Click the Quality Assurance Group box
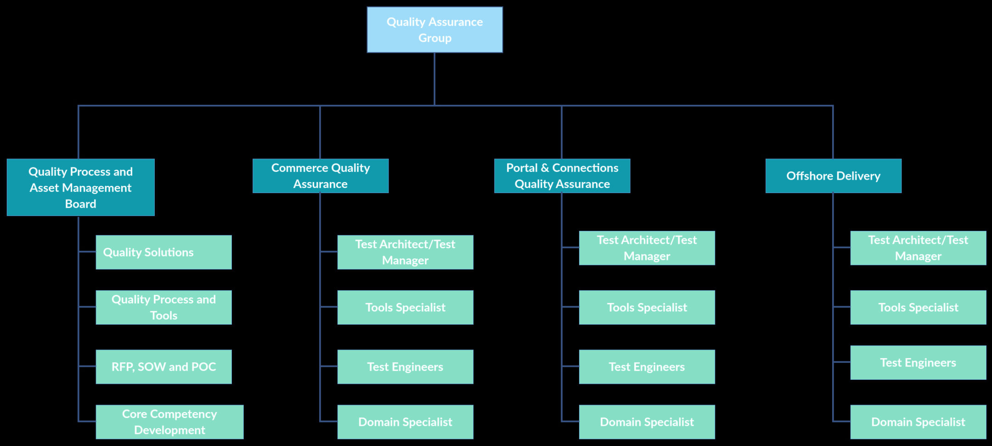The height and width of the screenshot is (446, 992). (434, 30)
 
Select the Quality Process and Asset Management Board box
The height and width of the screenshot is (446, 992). (81, 187)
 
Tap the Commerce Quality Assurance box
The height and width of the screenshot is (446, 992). (321, 176)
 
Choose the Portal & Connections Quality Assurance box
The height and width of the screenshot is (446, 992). (562, 176)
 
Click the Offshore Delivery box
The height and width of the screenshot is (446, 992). (833, 176)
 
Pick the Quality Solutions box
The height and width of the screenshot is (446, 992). (163, 252)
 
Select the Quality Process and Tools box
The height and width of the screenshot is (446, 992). (163, 307)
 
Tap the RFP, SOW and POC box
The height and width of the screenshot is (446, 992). (163, 366)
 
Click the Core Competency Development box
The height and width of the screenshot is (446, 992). (169, 422)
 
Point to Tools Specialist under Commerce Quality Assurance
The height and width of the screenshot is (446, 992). (405, 307)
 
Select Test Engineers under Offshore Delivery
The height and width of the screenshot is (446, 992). (918, 362)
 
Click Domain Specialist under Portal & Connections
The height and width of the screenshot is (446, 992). (647, 422)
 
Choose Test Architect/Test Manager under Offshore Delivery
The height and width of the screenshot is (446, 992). (918, 248)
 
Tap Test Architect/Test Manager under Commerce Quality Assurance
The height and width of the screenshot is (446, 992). (405, 252)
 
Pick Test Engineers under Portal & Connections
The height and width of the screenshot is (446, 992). (647, 366)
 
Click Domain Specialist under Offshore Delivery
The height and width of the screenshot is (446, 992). (918, 422)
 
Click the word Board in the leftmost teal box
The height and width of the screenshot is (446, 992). (81, 204)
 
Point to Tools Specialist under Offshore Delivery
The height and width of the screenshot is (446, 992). (918, 307)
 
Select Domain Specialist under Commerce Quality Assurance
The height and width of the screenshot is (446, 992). (405, 422)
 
